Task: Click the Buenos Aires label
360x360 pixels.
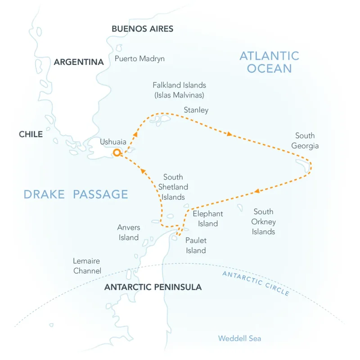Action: pyautogui.click(x=142, y=29)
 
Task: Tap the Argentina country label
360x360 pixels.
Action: pyautogui.click(x=79, y=62)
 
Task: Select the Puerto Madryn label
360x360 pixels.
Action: pyautogui.click(x=139, y=59)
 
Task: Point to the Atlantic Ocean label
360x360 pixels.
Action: pyautogui.click(x=269, y=62)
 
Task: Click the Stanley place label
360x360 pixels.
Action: pyautogui.click(x=196, y=110)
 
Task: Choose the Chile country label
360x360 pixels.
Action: pyautogui.click(x=31, y=134)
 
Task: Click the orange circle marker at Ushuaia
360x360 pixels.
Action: pyautogui.click(x=117, y=153)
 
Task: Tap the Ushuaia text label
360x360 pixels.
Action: pyautogui.click(x=113, y=142)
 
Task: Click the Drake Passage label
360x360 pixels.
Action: pyautogui.click(x=76, y=194)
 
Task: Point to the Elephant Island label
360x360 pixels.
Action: pyautogui.click(x=207, y=219)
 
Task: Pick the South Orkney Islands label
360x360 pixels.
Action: pyautogui.click(x=264, y=221)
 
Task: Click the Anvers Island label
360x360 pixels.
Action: pyautogui.click(x=129, y=233)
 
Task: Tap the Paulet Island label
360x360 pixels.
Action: pyautogui.click(x=196, y=246)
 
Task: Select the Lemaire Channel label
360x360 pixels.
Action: pyautogui.click(x=87, y=266)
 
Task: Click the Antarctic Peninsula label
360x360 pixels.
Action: pyautogui.click(x=153, y=287)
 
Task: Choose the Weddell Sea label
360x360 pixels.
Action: pyautogui.click(x=239, y=338)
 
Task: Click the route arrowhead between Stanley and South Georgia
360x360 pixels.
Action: pyautogui.click(x=230, y=134)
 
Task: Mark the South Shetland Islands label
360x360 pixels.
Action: pyautogui.click(x=173, y=187)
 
